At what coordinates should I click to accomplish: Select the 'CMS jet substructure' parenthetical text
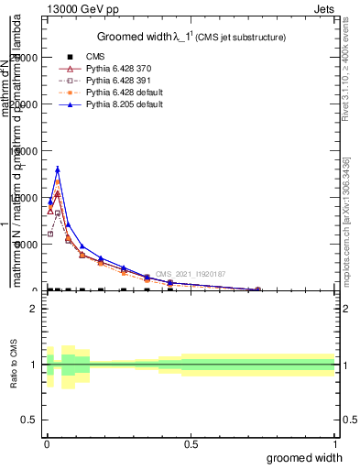coord(241,38)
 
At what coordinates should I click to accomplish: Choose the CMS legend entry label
coord(95,57)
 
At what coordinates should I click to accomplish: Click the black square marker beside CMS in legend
coord(64,57)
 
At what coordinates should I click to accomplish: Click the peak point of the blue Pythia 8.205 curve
coord(58,169)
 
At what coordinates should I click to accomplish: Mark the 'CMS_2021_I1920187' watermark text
coord(190,274)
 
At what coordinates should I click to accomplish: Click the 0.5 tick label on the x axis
coord(191,444)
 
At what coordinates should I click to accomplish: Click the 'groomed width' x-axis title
coord(305,457)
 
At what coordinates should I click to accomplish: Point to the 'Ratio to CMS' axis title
coord(14,365)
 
